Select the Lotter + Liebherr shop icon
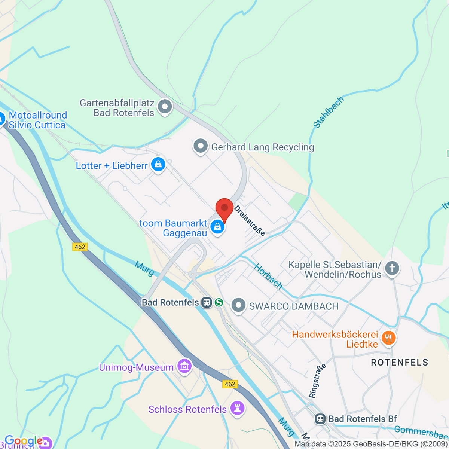pyautogui.click(x=158, y=165)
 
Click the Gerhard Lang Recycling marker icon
pyautogui.click(x=200, y=146)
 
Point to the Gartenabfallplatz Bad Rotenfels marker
pyautogui.click(x=165, y=107)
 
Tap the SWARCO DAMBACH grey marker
pyautogui.click(x=238, y=305)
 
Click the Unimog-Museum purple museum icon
pyautogui.click(x=184, y=367)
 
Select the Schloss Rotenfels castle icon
pyautogui.click(x=237, y=408)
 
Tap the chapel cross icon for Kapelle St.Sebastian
pyautogui.click(x=392, y=269)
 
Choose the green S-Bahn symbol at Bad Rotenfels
pyautogui.click(x=219, y=302)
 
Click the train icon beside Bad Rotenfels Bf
pyautogui.click(x=320, y=419)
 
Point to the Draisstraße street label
pyautogui.click(x=250, y=220)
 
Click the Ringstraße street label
pyautogui.click(x=318, y=381)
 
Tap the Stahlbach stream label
pyautogui.click(x=328, y=112)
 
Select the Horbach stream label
pyautogui.click(x=268, y=276)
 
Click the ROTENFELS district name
pyautogui.click(x=399, y=362)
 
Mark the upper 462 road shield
pyautogui.click(x=80, y=247)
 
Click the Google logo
pyautogui.click(x=23, y=441)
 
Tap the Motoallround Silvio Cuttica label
pyautogui.click(x=37, y=120)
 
